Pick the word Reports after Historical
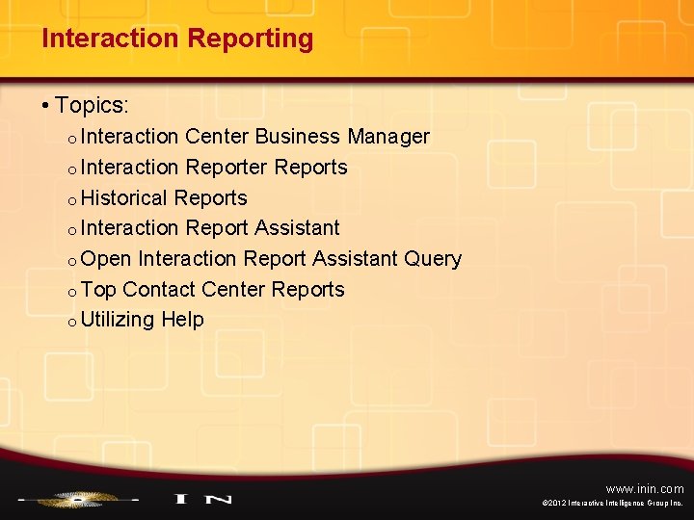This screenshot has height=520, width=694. [210, 198]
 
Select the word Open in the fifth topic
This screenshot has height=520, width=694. [106, 259]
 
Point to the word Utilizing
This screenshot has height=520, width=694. [118, 320]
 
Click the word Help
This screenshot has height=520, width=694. [183, 320]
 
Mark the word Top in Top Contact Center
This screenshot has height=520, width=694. [98, 290]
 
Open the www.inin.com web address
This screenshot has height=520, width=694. [645, 488]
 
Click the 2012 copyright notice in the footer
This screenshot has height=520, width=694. [613, 504]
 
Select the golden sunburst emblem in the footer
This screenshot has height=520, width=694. [76, 499]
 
